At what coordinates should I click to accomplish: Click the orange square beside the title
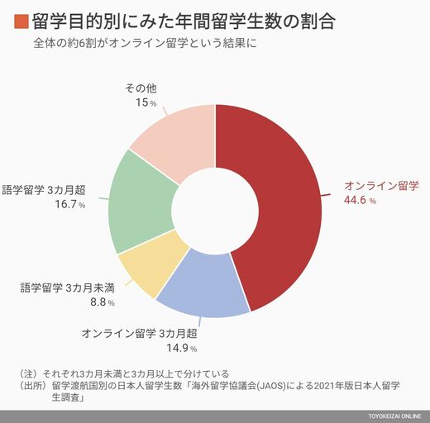coord(21,21)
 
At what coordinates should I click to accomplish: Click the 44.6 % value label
coord(360,200)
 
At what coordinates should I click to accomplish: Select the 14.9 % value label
coord(182,348)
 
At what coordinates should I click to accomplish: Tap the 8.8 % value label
coord(103,302)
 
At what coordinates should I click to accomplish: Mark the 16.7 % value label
coord(70,204)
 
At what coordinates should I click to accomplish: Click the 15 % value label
coord(146,102)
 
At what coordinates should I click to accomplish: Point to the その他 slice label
coord(141,88)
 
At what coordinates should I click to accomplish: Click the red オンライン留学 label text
coord(381,186)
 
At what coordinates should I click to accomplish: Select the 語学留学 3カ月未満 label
coord(68,288)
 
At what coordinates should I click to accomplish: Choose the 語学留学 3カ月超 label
coord(44,190)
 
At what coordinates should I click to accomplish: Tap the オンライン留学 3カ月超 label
coord(140,334)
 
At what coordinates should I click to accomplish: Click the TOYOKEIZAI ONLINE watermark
coord(394,416)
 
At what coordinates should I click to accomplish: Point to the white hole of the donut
coord(215,211)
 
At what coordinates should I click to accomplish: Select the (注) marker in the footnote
coord(28,373)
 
